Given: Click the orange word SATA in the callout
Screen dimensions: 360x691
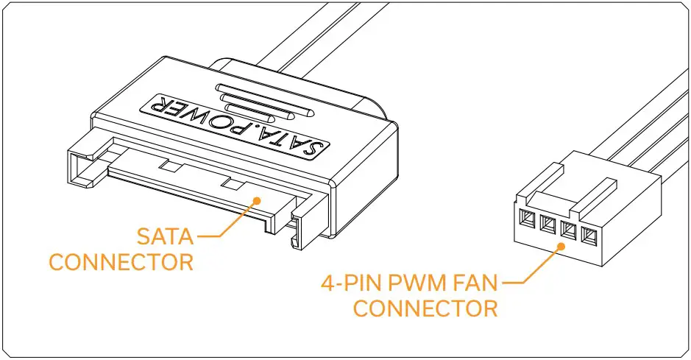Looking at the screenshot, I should [x=166, y=237].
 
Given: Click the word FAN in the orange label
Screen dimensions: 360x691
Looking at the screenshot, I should [x=478, y=282].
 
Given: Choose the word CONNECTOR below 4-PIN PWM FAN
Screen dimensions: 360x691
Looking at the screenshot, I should [x=425, y=307].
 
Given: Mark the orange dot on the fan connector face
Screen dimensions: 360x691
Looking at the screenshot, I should [x=563, y=249].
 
